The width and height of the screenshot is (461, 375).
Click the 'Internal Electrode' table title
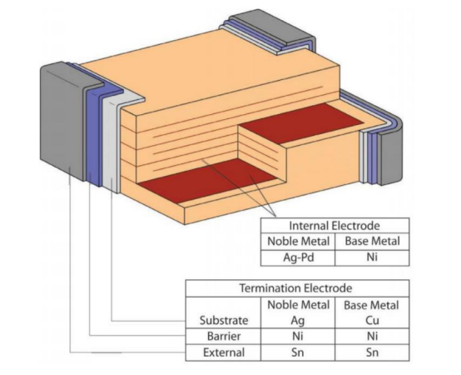coord(335,226)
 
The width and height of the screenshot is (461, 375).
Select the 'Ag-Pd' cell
coord(299,257)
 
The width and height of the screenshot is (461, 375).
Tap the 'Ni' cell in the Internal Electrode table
coord(372,257)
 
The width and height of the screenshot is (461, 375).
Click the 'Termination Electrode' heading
coord(295,287)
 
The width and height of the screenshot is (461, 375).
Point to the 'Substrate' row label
coord(224,320)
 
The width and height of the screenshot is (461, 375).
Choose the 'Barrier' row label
coord(224,336)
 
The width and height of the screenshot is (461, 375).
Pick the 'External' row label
coord(224,352)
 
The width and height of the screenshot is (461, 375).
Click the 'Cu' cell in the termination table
coord(372,320)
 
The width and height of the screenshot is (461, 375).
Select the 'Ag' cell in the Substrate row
coord(298,321)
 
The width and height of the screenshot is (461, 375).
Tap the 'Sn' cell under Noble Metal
coord(298,352)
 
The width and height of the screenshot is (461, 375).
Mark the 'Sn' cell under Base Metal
coord(372,352)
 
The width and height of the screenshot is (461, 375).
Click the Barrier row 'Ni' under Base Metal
coord(372,336)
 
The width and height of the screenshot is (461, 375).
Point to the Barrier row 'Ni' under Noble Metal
coord(298,336)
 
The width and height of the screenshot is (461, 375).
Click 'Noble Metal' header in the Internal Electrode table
coord(298,242)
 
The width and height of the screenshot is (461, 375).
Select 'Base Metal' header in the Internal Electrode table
coord(372,242)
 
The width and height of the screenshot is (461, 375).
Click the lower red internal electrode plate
coord(207,180)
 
